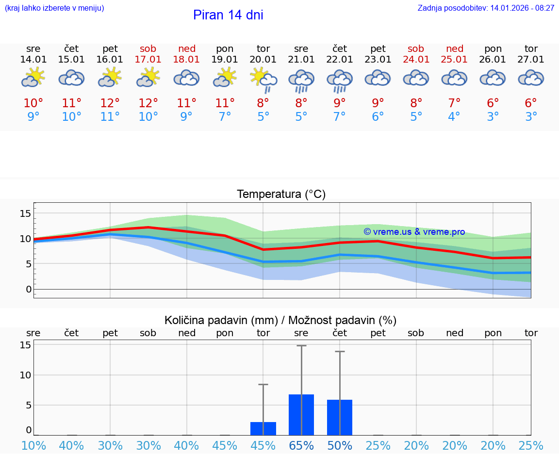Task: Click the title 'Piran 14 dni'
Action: pos(228,15)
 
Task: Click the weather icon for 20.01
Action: pos(263,79)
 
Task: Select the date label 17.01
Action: pos(148,60)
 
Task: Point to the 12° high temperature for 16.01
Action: pos(110,103)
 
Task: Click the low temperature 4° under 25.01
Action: pos(455,117)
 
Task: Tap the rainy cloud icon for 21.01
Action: pos(301,80)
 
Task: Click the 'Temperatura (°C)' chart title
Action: pos(281,195)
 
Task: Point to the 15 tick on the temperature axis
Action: pos(26,213)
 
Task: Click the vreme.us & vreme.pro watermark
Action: pos(414,232)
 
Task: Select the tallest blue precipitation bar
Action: pos(301,415)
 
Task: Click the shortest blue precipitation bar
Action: pos(263,428)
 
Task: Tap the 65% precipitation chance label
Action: pos(301,446)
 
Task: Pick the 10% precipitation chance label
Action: pos(33,446)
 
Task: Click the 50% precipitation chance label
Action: pos(340,446)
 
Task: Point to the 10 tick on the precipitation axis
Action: pos(26,375)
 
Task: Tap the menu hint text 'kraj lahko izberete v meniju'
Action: pos(54,8)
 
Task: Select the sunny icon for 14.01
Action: pos(33,78)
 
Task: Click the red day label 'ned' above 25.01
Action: pos(455,49)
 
